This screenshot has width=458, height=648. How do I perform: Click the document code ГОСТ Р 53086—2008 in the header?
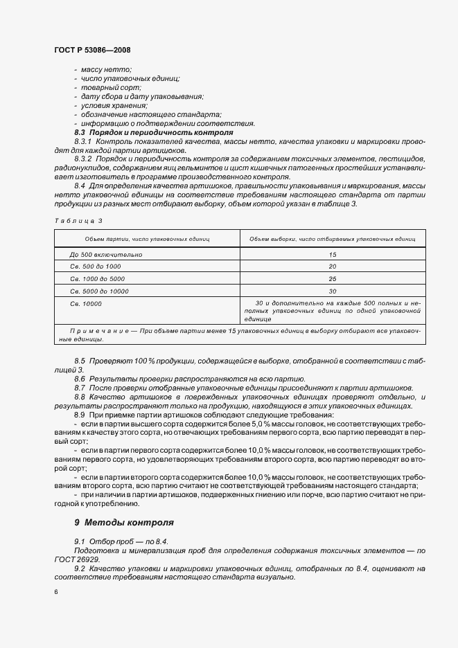click(92, 51)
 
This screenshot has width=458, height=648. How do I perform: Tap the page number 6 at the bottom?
click(55, 592)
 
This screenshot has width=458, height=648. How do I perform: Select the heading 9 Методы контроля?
click(124, 522)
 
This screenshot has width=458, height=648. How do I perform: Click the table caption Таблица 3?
click(78, 220)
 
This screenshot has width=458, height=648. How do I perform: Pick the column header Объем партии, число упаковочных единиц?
click(147, 239)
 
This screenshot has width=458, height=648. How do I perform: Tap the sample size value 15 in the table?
click(333, 255)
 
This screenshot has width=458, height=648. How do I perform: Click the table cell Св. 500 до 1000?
click(96, 267)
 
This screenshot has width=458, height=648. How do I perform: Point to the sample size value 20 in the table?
click(333, 267)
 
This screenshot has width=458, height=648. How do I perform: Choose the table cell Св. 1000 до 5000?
click(98, 279)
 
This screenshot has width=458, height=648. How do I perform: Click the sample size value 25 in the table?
click(333, 279)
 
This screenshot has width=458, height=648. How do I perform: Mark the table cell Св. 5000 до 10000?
click(100, 291)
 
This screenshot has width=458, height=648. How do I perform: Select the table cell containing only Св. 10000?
click(86, 304)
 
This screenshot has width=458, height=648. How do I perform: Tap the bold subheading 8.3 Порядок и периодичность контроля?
click(153, 132)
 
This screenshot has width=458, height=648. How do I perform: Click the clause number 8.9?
click(80, 413)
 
